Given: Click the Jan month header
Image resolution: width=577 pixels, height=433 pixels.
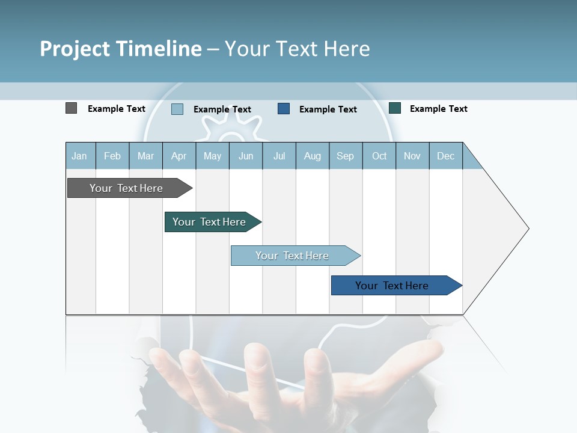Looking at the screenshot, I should click(x=79, y=156).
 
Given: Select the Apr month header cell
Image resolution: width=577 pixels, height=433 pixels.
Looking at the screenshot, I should click(x=179, y=156).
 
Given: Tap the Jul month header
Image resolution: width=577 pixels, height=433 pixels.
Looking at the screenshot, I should click(x=279, y=156).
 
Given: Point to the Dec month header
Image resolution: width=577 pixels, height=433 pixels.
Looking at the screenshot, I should click(x=445, y=156).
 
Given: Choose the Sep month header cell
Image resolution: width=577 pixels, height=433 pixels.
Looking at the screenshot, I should click(x=345, y=156).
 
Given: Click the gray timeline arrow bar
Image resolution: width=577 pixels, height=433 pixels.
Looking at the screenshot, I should click(x=126, y=188).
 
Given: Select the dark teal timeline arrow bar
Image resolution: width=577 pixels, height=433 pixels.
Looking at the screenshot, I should click(x=209, y=222).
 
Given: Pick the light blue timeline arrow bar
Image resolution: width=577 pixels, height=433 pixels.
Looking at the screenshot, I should click(x=292, y=256).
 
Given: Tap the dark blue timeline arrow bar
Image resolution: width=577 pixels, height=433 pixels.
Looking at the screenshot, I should click(x=392, y=286).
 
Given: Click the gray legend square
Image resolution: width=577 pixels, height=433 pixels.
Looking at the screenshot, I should click(x=71, y=108).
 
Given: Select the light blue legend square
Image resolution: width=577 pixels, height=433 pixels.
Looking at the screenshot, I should click(x=177, y=109).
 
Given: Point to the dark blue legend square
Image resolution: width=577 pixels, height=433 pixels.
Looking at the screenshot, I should click(x=284, y=108).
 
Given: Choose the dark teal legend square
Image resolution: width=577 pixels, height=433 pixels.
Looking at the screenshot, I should click(x=395, y=108).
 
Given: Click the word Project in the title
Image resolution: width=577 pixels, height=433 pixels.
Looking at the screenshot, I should click(x=75, y=49).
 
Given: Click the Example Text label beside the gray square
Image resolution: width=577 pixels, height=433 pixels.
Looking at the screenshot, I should click(x=117, y=109).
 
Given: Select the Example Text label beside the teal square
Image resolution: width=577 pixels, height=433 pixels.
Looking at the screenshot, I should click(x=439, y=109).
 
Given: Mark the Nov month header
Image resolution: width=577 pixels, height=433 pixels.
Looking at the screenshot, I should click(x=412, y=156).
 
